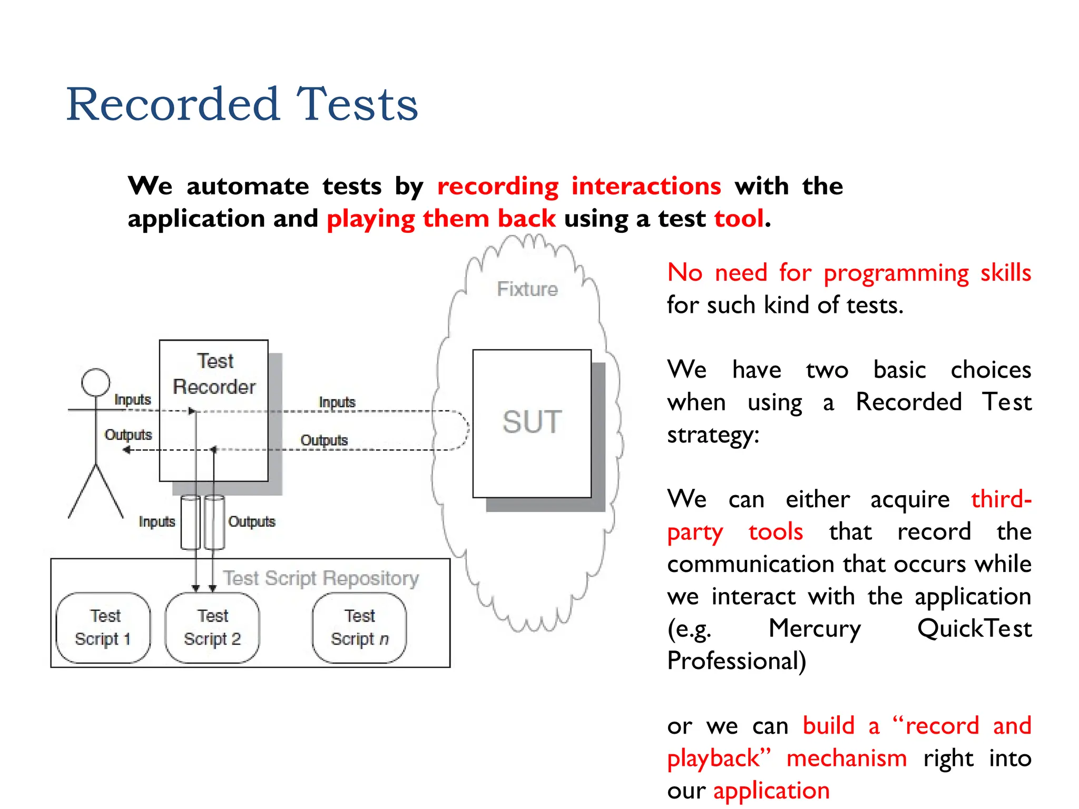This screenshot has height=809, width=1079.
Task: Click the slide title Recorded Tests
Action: click(242, 104)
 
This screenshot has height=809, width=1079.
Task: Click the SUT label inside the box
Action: click(532, 422)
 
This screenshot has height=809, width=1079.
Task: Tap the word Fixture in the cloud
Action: click(527, 289)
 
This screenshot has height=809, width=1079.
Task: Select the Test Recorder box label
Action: click(214, 374)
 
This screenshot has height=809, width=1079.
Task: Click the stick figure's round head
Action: click(96, 382)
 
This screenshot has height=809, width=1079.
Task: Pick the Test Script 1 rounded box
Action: click(103, 627)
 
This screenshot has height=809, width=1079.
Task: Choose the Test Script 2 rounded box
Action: click(212, 627)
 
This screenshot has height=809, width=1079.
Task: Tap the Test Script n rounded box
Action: click(359, 627)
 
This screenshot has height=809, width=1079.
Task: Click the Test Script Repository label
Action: click(321, 578)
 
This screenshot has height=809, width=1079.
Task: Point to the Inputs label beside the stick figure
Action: click(132, 400)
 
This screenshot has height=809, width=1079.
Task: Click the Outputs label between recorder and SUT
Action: click(324, 440)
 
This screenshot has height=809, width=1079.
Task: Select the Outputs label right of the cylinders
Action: click(251, 521)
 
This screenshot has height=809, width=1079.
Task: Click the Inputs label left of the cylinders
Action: click(156, 521)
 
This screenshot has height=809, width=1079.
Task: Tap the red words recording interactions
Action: click(578, 186)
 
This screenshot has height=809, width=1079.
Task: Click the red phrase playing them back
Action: click(441, 219)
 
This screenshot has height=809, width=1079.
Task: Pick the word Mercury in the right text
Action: click(815, 628)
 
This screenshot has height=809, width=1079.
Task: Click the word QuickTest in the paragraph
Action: click(974, 628)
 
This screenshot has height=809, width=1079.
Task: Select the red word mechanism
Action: click(846, 758)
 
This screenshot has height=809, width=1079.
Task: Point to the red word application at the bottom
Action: click(771, 791)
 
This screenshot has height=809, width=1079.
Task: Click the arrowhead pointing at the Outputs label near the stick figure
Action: click(126, 450)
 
